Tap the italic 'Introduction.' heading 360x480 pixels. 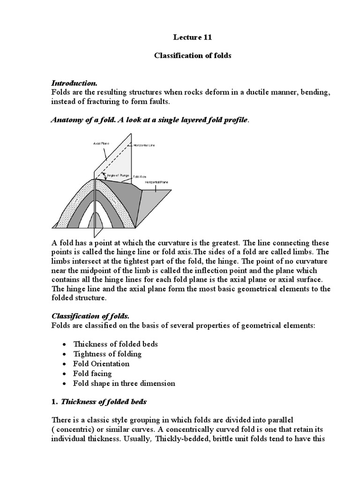click(x=74, y=83)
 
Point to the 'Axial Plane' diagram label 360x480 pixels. click(x=100, y=143)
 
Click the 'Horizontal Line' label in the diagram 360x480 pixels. click(x=144, y=146)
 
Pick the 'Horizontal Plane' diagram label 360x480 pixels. click(x=156, y=181)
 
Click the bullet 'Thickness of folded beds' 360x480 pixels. click(x=115, y=344)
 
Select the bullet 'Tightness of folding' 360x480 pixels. click(x=107, y=353)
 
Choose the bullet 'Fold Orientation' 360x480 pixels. click(x=101, y=363)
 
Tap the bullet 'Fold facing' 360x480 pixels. click(x=92, y=373)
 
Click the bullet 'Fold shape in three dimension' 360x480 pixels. click(x=124, y=383)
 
